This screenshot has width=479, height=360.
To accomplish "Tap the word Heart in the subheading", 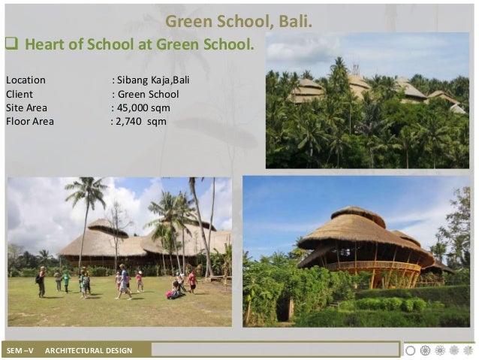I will (x=45, y=44).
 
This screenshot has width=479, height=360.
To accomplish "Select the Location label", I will (x=26, y=80).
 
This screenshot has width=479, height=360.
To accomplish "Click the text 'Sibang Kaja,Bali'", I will (x=157, y=80).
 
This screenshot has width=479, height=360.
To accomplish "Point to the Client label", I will (x=20, y=94).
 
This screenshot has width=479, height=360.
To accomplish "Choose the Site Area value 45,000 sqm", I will (x=143, y=107).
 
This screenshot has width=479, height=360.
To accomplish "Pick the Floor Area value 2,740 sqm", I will (x=142, y=121).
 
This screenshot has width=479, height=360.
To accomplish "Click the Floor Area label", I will (x=30, y=121).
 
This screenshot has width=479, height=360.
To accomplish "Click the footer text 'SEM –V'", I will (x=20, y=350).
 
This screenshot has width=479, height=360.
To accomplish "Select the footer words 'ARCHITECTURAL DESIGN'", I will (x=88, y=350).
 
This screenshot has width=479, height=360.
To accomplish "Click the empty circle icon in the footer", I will (x=410, y=350).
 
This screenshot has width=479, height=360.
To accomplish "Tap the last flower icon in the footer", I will (x=468, y=350).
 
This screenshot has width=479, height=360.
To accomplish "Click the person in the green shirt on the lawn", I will (x=66, y=281).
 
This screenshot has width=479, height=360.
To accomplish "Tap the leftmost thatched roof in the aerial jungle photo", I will (x=308, y=89).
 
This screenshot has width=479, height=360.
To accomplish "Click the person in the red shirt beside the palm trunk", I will (x=192, y=280).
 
